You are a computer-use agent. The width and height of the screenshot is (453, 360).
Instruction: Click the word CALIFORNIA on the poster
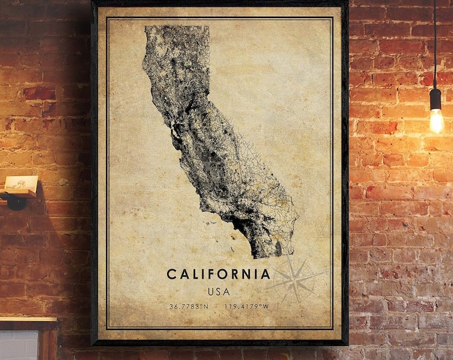click(219, 274)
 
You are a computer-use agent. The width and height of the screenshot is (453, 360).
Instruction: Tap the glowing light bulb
click(436, 121)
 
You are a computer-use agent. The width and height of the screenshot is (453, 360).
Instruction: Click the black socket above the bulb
click(436, 98)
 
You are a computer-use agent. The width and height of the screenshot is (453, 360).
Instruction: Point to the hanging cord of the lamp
click(435, 40)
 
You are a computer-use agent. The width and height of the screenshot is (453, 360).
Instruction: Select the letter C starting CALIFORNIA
click(171, 274)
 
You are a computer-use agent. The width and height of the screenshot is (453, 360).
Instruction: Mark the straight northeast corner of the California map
click(209, 27)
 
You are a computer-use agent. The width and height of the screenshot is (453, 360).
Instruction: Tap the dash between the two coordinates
click(217, 307)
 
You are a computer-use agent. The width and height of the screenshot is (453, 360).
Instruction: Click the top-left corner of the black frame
click(94, 3)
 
